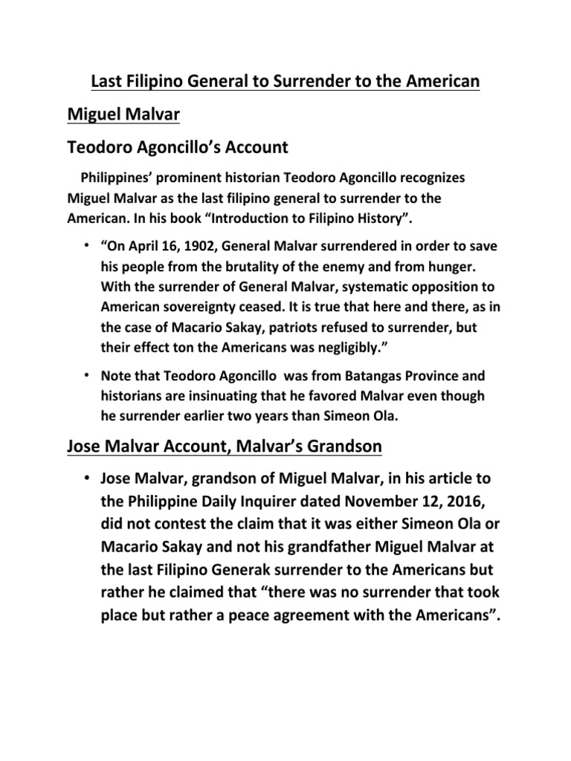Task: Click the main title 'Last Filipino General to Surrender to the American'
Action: point(285,80)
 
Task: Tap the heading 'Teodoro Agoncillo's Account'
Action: point(178,146)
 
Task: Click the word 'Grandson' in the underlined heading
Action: point(338,447)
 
